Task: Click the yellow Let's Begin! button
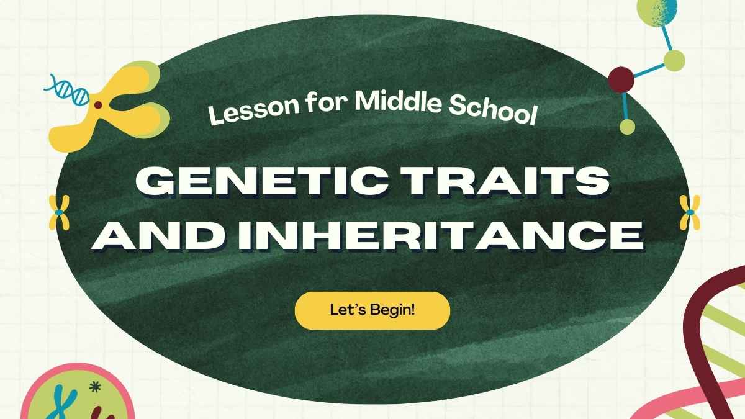coord(372,310)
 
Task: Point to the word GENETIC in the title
coord(262,182)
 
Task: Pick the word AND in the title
coord(160,235)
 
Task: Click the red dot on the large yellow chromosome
coord(98,105)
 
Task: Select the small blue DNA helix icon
coord(66,90)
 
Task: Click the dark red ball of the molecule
coord(621,80)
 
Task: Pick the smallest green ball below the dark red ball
coord(627,127)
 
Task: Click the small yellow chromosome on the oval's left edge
coord(59,212)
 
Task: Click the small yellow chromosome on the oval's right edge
coord(690,212)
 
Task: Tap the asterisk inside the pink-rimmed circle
coord(95,387)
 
